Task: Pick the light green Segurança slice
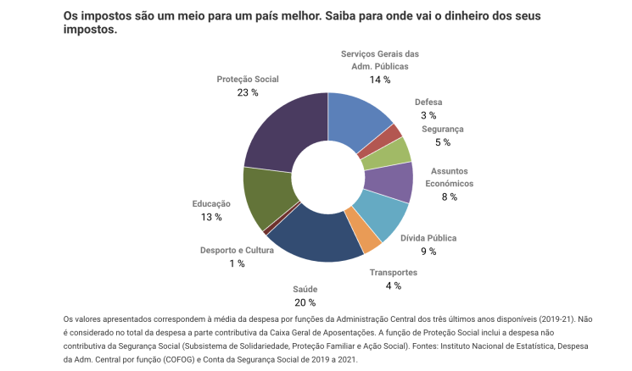coord(400,150)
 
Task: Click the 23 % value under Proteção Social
coord(248,92)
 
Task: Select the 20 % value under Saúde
coord(305,302)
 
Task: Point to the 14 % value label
coord(379,79)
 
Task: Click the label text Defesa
coord(428,102)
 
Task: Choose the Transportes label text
coord(393,273)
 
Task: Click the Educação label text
coord(211,204)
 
